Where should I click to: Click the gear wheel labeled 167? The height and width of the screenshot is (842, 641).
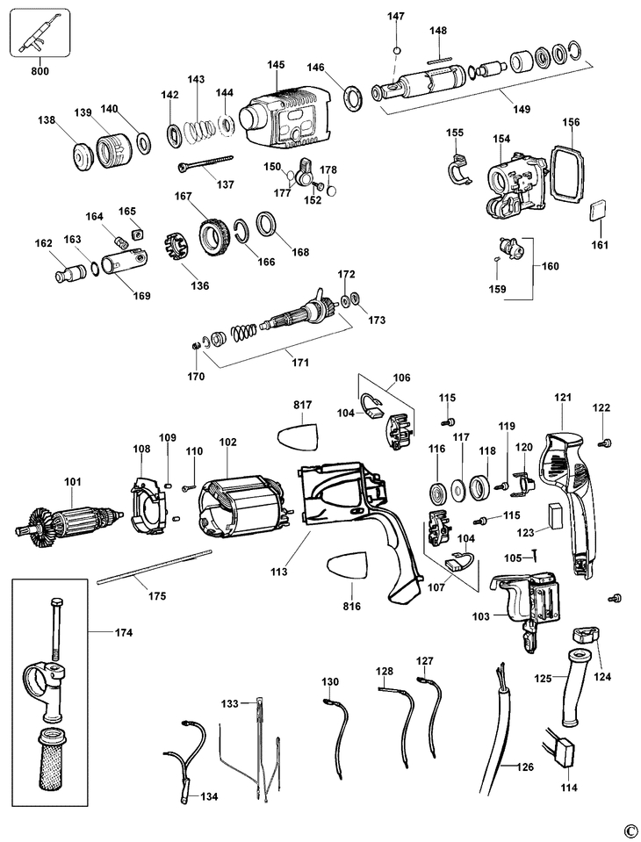pos(212,238)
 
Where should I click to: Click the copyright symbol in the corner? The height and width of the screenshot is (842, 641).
pos(629,830)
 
